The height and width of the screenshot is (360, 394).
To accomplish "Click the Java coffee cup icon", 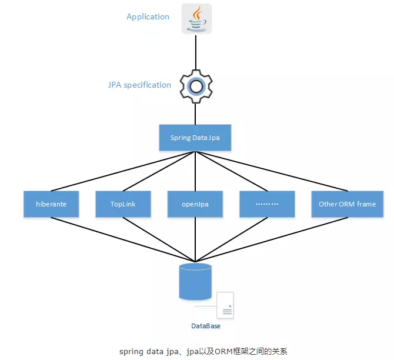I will (x=196, y=19).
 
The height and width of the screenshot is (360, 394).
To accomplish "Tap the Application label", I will (x=148, y=16).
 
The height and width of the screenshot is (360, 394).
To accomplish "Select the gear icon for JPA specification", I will (x=195, y=86).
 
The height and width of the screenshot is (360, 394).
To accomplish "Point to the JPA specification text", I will (x=139, y=85).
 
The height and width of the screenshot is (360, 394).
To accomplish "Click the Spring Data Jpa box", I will (x=195, y=138).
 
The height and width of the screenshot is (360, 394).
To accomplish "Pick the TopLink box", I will (x=123, y=204).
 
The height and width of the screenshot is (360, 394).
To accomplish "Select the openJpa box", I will (x=195, y=204).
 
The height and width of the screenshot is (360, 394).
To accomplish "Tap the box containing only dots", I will (x=267, y=204).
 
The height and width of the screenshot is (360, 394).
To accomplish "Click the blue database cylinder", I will (x=195, y=282).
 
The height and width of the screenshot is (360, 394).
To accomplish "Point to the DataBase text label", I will (x=205, y=326).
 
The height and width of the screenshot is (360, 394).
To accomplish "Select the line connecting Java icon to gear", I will (x=196, y=53).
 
